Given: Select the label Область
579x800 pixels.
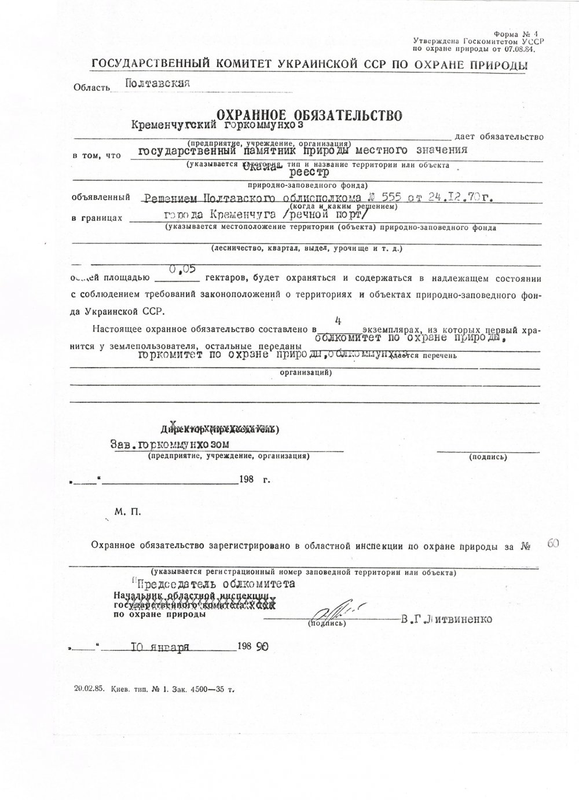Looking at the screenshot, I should pyautogui.click(x=91, y=87).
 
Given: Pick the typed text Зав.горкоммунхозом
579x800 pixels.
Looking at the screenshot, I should pyautogui.click(x=170, y=444).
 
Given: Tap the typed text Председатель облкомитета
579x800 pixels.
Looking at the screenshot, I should pyautogui.click(x=215, y=583).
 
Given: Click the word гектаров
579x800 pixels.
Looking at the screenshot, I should pyautogui.click(x=228, y=281).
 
